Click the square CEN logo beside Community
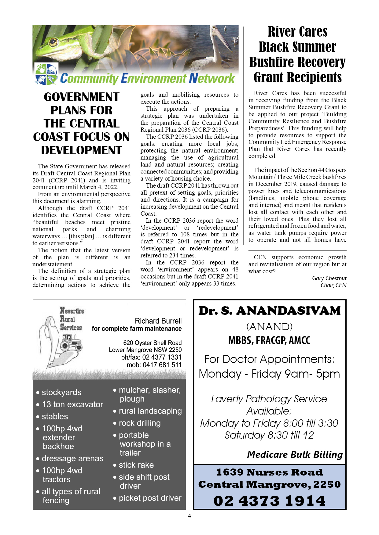coord(46,74)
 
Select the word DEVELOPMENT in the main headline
coord(82,150)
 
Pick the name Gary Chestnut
coord(329,278)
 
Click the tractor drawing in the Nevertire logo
coord(71,342)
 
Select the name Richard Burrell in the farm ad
coord(158,321)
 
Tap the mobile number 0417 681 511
coord(162,365)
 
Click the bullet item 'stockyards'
coord(61,392)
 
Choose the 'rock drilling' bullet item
coord(139,423)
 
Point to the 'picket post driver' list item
coord(150,498)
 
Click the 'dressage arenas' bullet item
coord(72,458)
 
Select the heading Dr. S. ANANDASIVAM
coord(269,311)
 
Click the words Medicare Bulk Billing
coord(295,454)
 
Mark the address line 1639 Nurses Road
coord(269,472)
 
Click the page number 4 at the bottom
coord(189,516)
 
